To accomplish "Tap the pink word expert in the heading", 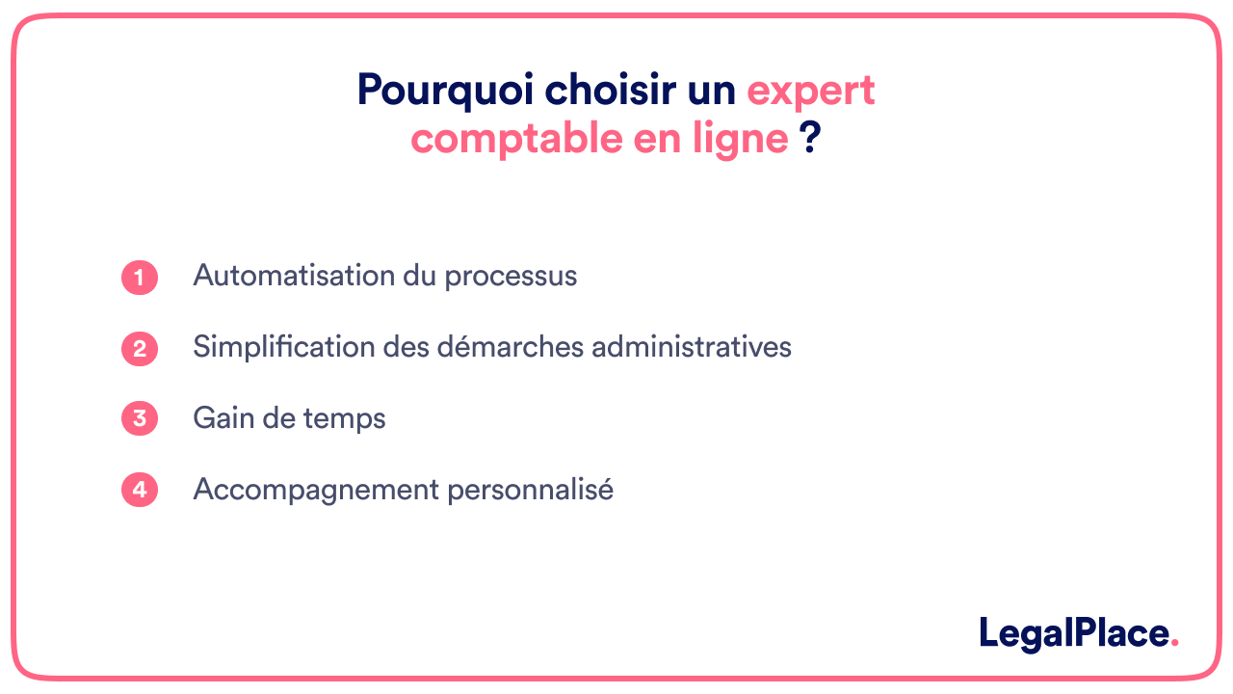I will pos(811,92).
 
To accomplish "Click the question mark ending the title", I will pos(810,139).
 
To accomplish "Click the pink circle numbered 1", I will pos(140,278).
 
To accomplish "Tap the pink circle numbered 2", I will pos(140,349).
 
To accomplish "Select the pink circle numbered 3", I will pos(140,419).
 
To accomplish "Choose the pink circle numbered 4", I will pos(140,490).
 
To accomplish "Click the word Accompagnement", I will pos(315,491).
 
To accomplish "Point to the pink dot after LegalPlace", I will pos(1174,644).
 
